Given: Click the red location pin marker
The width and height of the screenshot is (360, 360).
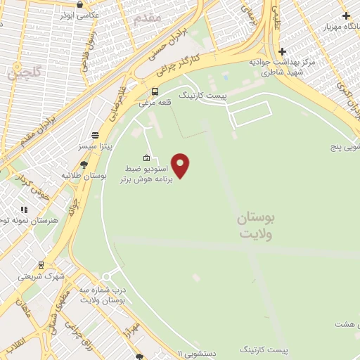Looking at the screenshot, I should click(x=181, y=165).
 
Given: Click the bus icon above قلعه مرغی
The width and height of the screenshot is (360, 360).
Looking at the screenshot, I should click(x=155, y=91).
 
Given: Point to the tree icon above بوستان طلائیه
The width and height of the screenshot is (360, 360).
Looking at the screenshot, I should click(x=84, y=165).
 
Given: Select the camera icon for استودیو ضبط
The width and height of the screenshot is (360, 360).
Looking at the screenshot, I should click(x=146, y=157).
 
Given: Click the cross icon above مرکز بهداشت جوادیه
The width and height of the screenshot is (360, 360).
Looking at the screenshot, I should click(x=282, y=51).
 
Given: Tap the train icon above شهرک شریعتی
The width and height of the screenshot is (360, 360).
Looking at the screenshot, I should click(x=41, y=265).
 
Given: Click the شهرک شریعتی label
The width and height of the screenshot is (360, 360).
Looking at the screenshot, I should click(x=41, y=276).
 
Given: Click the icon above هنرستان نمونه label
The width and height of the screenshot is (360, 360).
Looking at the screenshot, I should click(x=24, y=209).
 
